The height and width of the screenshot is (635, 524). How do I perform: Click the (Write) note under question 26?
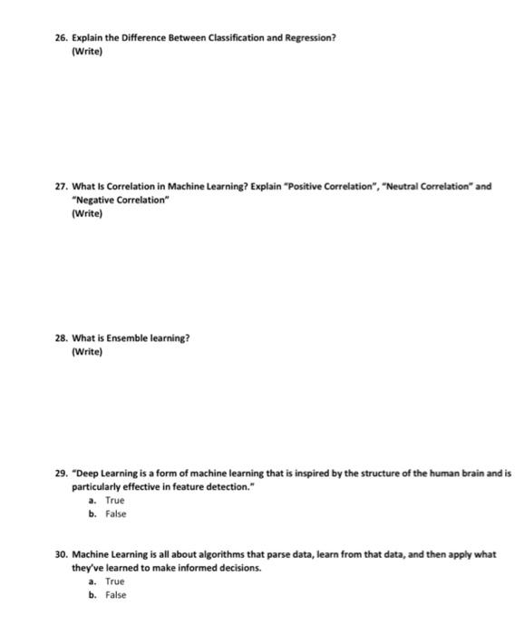[87, 53]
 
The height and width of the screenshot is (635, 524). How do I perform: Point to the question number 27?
[61, 187]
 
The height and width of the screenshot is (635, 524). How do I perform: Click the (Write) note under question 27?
[87, 214]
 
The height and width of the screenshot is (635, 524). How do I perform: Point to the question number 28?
[61, 338]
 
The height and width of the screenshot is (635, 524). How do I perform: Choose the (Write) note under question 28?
[87, 352]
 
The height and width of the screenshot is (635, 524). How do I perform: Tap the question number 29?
[61, 474]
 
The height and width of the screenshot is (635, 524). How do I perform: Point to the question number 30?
[61, 554]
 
